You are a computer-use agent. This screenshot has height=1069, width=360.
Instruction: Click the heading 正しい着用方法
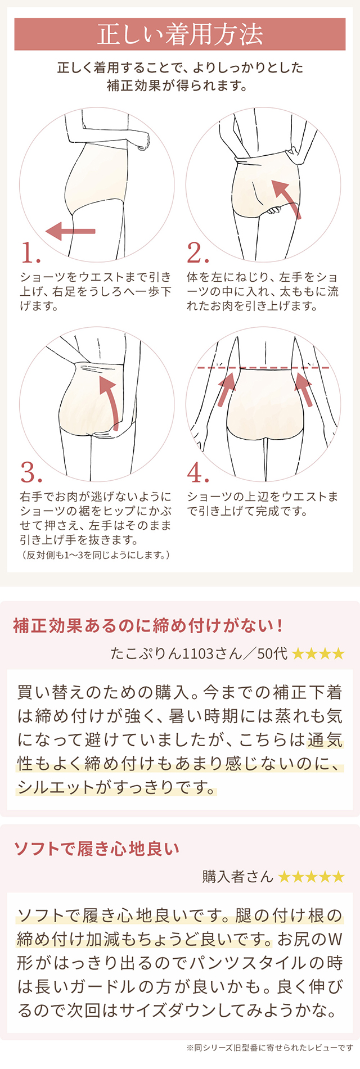coord(180,34)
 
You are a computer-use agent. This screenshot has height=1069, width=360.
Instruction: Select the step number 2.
coord(197,253)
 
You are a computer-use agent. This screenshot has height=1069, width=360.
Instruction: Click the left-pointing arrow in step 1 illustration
coord(70,231)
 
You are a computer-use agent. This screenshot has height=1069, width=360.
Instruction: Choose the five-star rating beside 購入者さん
coord(311,877)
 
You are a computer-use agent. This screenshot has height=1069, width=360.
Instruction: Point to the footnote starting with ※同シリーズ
coord(270,1048)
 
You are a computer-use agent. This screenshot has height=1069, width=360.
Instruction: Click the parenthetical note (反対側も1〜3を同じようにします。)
coord(95,555)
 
